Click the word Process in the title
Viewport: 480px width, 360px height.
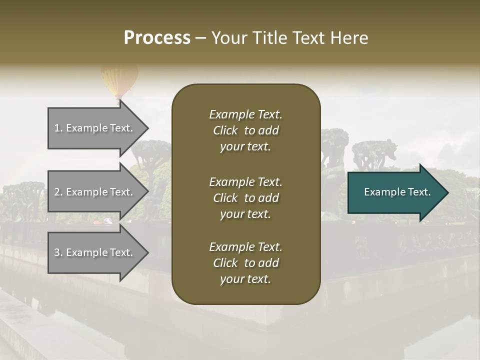157,38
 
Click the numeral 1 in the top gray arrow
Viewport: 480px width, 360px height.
57,128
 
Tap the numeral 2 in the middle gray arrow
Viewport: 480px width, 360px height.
57,192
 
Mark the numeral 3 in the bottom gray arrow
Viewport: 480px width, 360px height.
57,252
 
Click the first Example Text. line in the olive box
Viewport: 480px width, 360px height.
245,114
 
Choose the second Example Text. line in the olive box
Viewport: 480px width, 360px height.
245,181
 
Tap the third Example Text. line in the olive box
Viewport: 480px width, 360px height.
245,247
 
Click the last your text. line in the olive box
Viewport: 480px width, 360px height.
245,279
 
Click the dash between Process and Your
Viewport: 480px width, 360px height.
200,38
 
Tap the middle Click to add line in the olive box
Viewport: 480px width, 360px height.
245,198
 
